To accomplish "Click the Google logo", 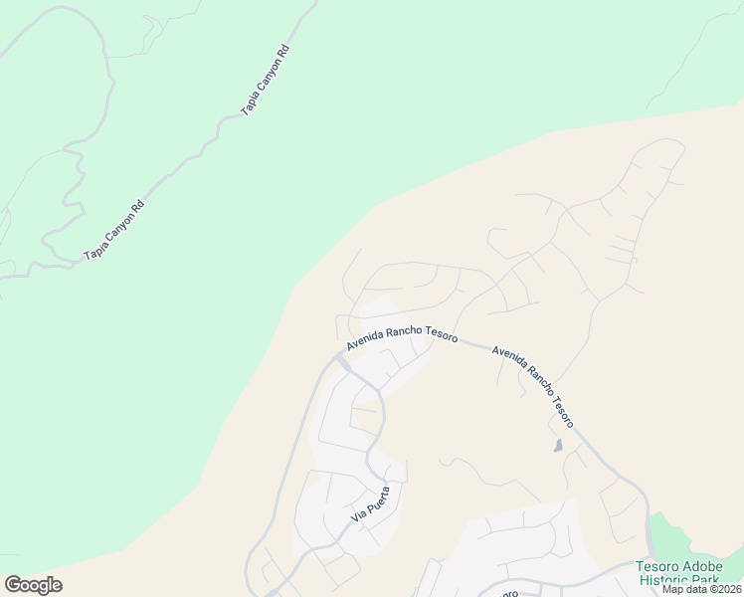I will pos(33,585).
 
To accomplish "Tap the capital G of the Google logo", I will pos(13,585).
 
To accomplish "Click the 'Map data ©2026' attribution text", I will pos(702,589).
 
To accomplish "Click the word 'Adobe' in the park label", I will pos(705,567).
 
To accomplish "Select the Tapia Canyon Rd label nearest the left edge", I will pos(114,231).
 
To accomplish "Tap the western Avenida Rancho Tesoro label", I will pos(402,335).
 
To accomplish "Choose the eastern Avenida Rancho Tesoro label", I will pos(532,379).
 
